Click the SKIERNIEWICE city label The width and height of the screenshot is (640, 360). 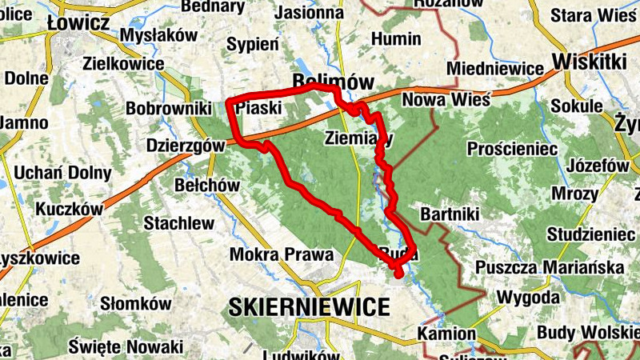[x=309, y=306]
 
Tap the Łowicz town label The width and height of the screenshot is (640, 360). [x=78, y=23]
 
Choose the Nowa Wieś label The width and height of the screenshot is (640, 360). [x=438, y=100]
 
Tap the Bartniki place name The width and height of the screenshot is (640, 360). [x=449, y=215]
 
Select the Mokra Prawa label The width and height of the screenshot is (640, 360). [x=281, y=254]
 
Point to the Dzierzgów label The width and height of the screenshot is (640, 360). [x=185, y=146]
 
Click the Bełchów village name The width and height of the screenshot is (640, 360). [x=206, y=185]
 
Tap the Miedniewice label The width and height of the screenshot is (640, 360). [x=495, y=69]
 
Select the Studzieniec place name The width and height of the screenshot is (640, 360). [x=591, y=234]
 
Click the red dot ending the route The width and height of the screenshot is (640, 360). [x=398, y=275]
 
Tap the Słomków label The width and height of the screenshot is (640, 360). [x=136, y=304]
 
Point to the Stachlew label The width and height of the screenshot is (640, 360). [x=179, y=223]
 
